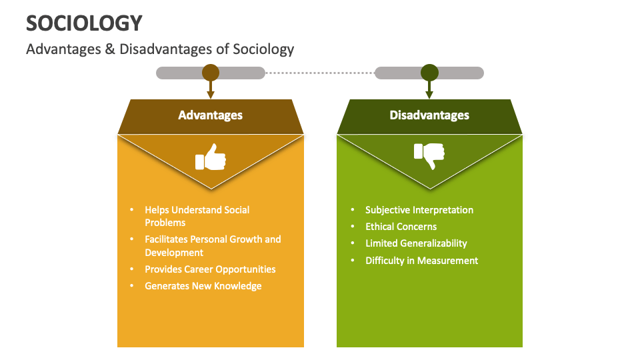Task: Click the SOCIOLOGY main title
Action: point(84,23)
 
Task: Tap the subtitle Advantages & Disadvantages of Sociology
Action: point(160,49)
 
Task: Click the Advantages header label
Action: point(210,115)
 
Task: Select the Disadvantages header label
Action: point(429,115)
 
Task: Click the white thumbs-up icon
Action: point(210,157)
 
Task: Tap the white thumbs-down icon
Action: point(429,157)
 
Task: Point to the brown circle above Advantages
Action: point(211,73)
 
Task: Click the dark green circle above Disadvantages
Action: point(429,73)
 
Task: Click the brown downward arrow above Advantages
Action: point(211,91)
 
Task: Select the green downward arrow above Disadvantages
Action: point(429,91)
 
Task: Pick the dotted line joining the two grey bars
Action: point(320,73)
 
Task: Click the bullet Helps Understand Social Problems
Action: point(197,216)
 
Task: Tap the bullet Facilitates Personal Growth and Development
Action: point(213,245)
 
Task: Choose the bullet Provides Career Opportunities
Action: point(210,269)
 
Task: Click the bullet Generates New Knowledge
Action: point(203,286)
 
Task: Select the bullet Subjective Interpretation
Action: point(419,210)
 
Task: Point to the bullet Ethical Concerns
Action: point(401,227)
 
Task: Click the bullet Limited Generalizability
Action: point(416,243)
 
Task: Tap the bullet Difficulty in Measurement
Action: point(421,261)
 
